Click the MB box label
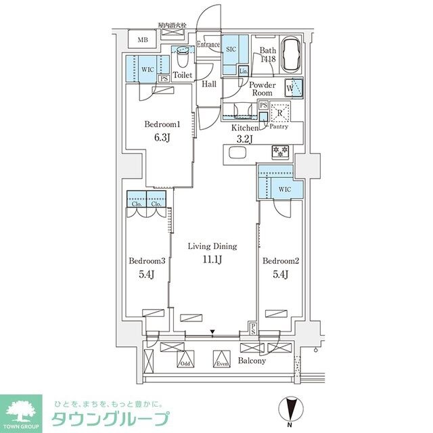142,40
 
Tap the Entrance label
208,45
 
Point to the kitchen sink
237,153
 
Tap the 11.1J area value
212,259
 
